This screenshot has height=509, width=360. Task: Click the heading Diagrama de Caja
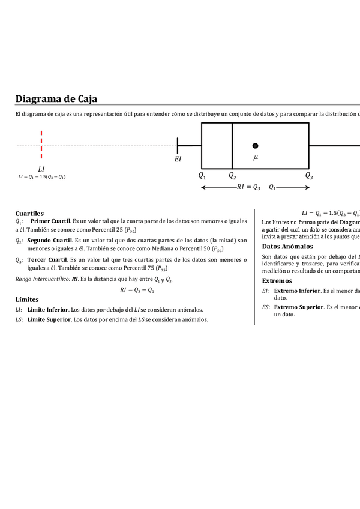[56, 98]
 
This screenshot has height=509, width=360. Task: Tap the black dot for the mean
[255, 146]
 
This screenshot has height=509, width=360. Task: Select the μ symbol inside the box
[256, 157]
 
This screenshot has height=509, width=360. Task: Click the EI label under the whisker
[178, 159]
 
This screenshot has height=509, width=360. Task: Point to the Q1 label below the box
[202, 176]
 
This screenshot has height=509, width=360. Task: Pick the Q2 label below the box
[232, 176]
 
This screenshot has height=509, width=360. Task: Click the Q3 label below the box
[309, 176]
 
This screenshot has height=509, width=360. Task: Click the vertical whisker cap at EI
[178, 145]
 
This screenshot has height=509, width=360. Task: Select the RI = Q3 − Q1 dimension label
[256, 187]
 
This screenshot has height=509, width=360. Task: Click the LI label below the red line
[41, 169]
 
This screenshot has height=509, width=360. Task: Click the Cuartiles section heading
[29, 213]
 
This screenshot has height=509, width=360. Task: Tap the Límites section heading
[27, 299]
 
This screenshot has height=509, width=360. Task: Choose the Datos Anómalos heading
[288, 246]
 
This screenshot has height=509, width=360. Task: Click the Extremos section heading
[277, 280]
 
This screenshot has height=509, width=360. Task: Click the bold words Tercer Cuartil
[50, 259]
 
